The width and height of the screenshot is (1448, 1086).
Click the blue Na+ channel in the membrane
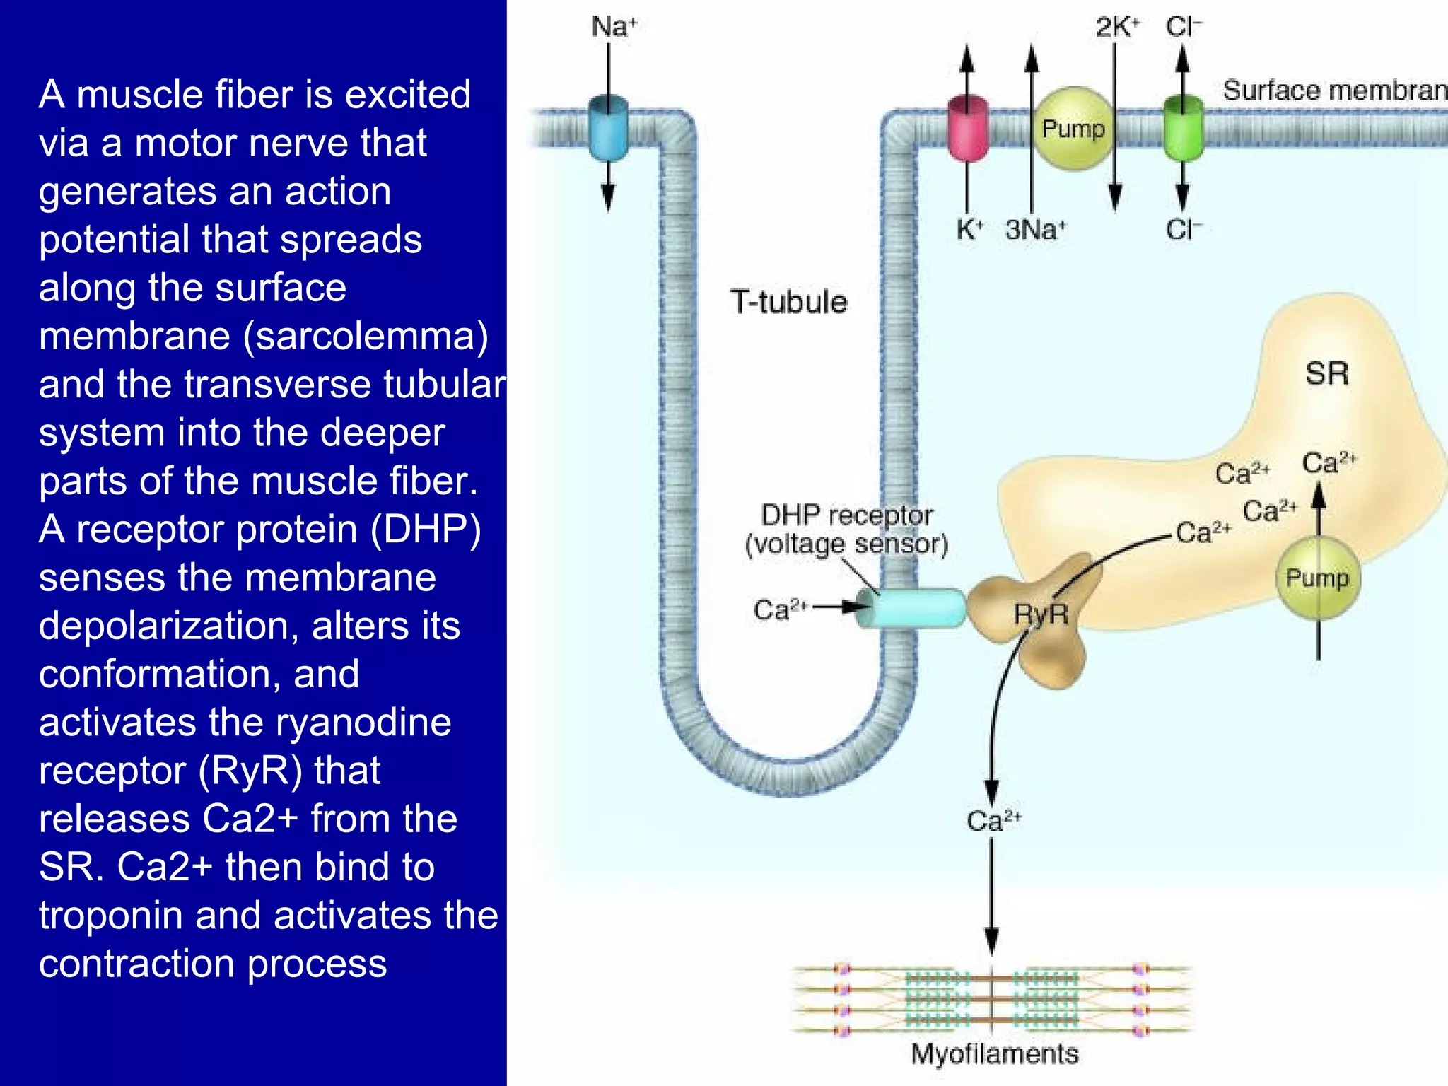coord(608,129)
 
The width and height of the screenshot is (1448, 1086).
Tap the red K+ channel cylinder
coord(967,129)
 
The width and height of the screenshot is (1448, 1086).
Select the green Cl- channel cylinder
coord(1183,129)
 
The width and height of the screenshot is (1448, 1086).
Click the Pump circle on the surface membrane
coord(1073,129)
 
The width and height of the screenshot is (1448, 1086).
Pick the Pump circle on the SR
coord(1317,578)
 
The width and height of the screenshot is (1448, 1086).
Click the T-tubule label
coord(789,302)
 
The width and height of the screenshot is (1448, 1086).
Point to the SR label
coord(1326,373)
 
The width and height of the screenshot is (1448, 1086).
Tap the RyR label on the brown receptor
coord(1041,614)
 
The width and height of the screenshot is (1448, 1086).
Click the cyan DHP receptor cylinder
coord(912,608)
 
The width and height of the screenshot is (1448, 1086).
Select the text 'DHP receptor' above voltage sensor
coord(847,515)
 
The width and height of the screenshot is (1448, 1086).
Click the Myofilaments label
coord(994,1053)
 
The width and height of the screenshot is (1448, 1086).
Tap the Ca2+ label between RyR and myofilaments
coord(993,821)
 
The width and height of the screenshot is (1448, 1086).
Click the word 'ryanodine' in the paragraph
coord(363,723)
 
